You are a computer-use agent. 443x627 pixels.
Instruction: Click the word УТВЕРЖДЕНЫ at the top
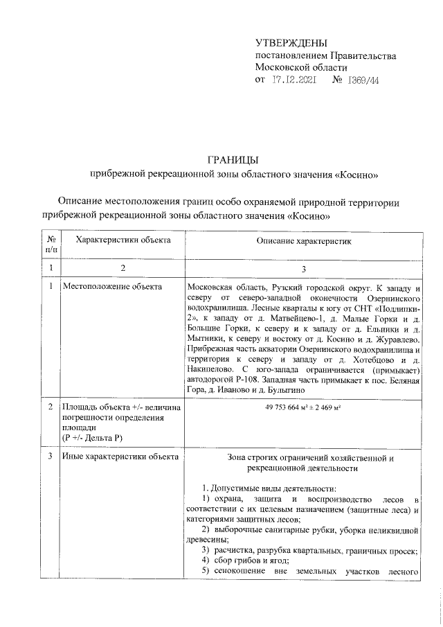pos(291,43)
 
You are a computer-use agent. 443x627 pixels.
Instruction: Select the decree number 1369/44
pos(361,80)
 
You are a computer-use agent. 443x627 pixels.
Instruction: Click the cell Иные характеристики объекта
pos(120,457)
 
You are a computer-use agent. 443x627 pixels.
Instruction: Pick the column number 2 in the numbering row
pos(123,268)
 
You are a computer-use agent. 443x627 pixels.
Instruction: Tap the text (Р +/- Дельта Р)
pos(93,439)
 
